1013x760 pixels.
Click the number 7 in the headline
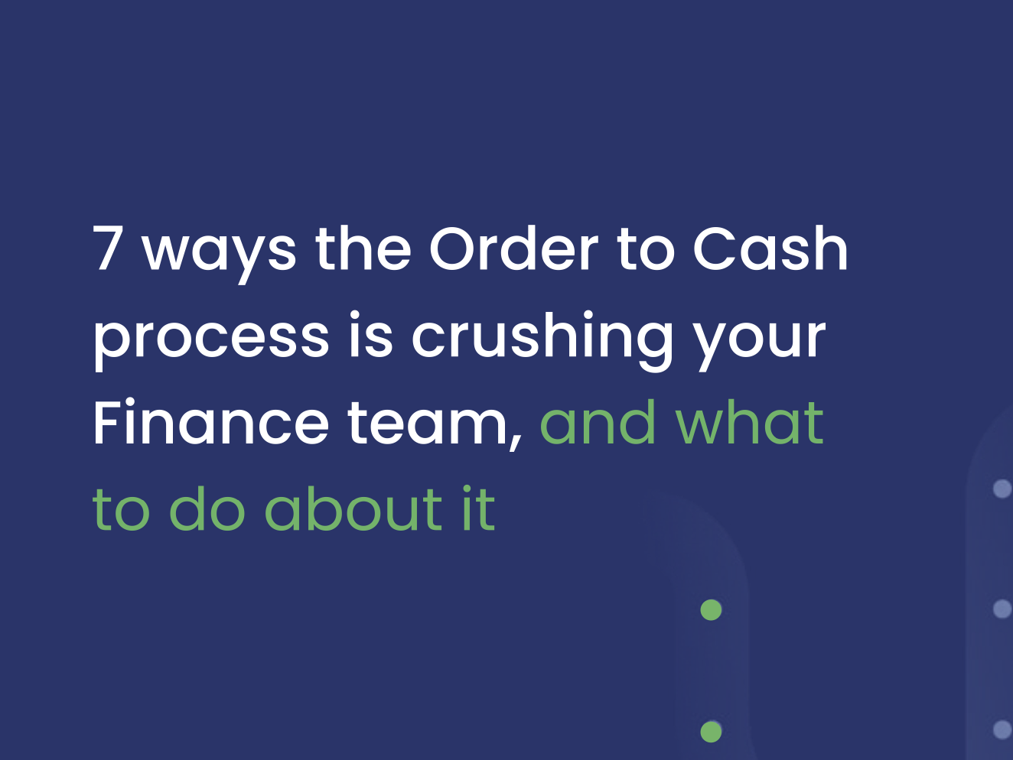[x=108, y=248]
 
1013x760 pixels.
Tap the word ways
[x=219, y=252]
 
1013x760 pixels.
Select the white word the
[x=363, y=248]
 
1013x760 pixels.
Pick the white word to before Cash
[x=646, y=250]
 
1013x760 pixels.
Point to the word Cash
[x=770, y=248]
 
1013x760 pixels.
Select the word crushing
[x=542, y=336]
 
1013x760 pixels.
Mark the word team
[x=433, y=424]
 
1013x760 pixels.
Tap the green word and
[x=598, y=422]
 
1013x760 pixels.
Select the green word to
[x=121, y=510]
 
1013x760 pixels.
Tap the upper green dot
[x=711, y=610]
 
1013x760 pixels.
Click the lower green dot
[x=711, y=732]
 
